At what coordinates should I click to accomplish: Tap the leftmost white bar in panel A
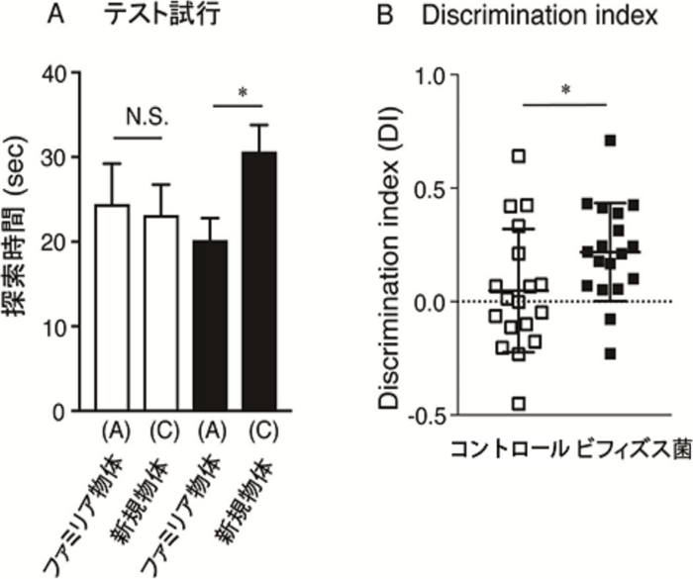coord(112,307)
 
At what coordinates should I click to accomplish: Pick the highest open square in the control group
coord(518,155)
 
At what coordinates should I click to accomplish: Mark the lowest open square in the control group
coord(518,403)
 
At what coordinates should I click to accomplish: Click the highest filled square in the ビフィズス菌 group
coord(611,141)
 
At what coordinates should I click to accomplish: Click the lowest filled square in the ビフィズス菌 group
coord(611,353)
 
